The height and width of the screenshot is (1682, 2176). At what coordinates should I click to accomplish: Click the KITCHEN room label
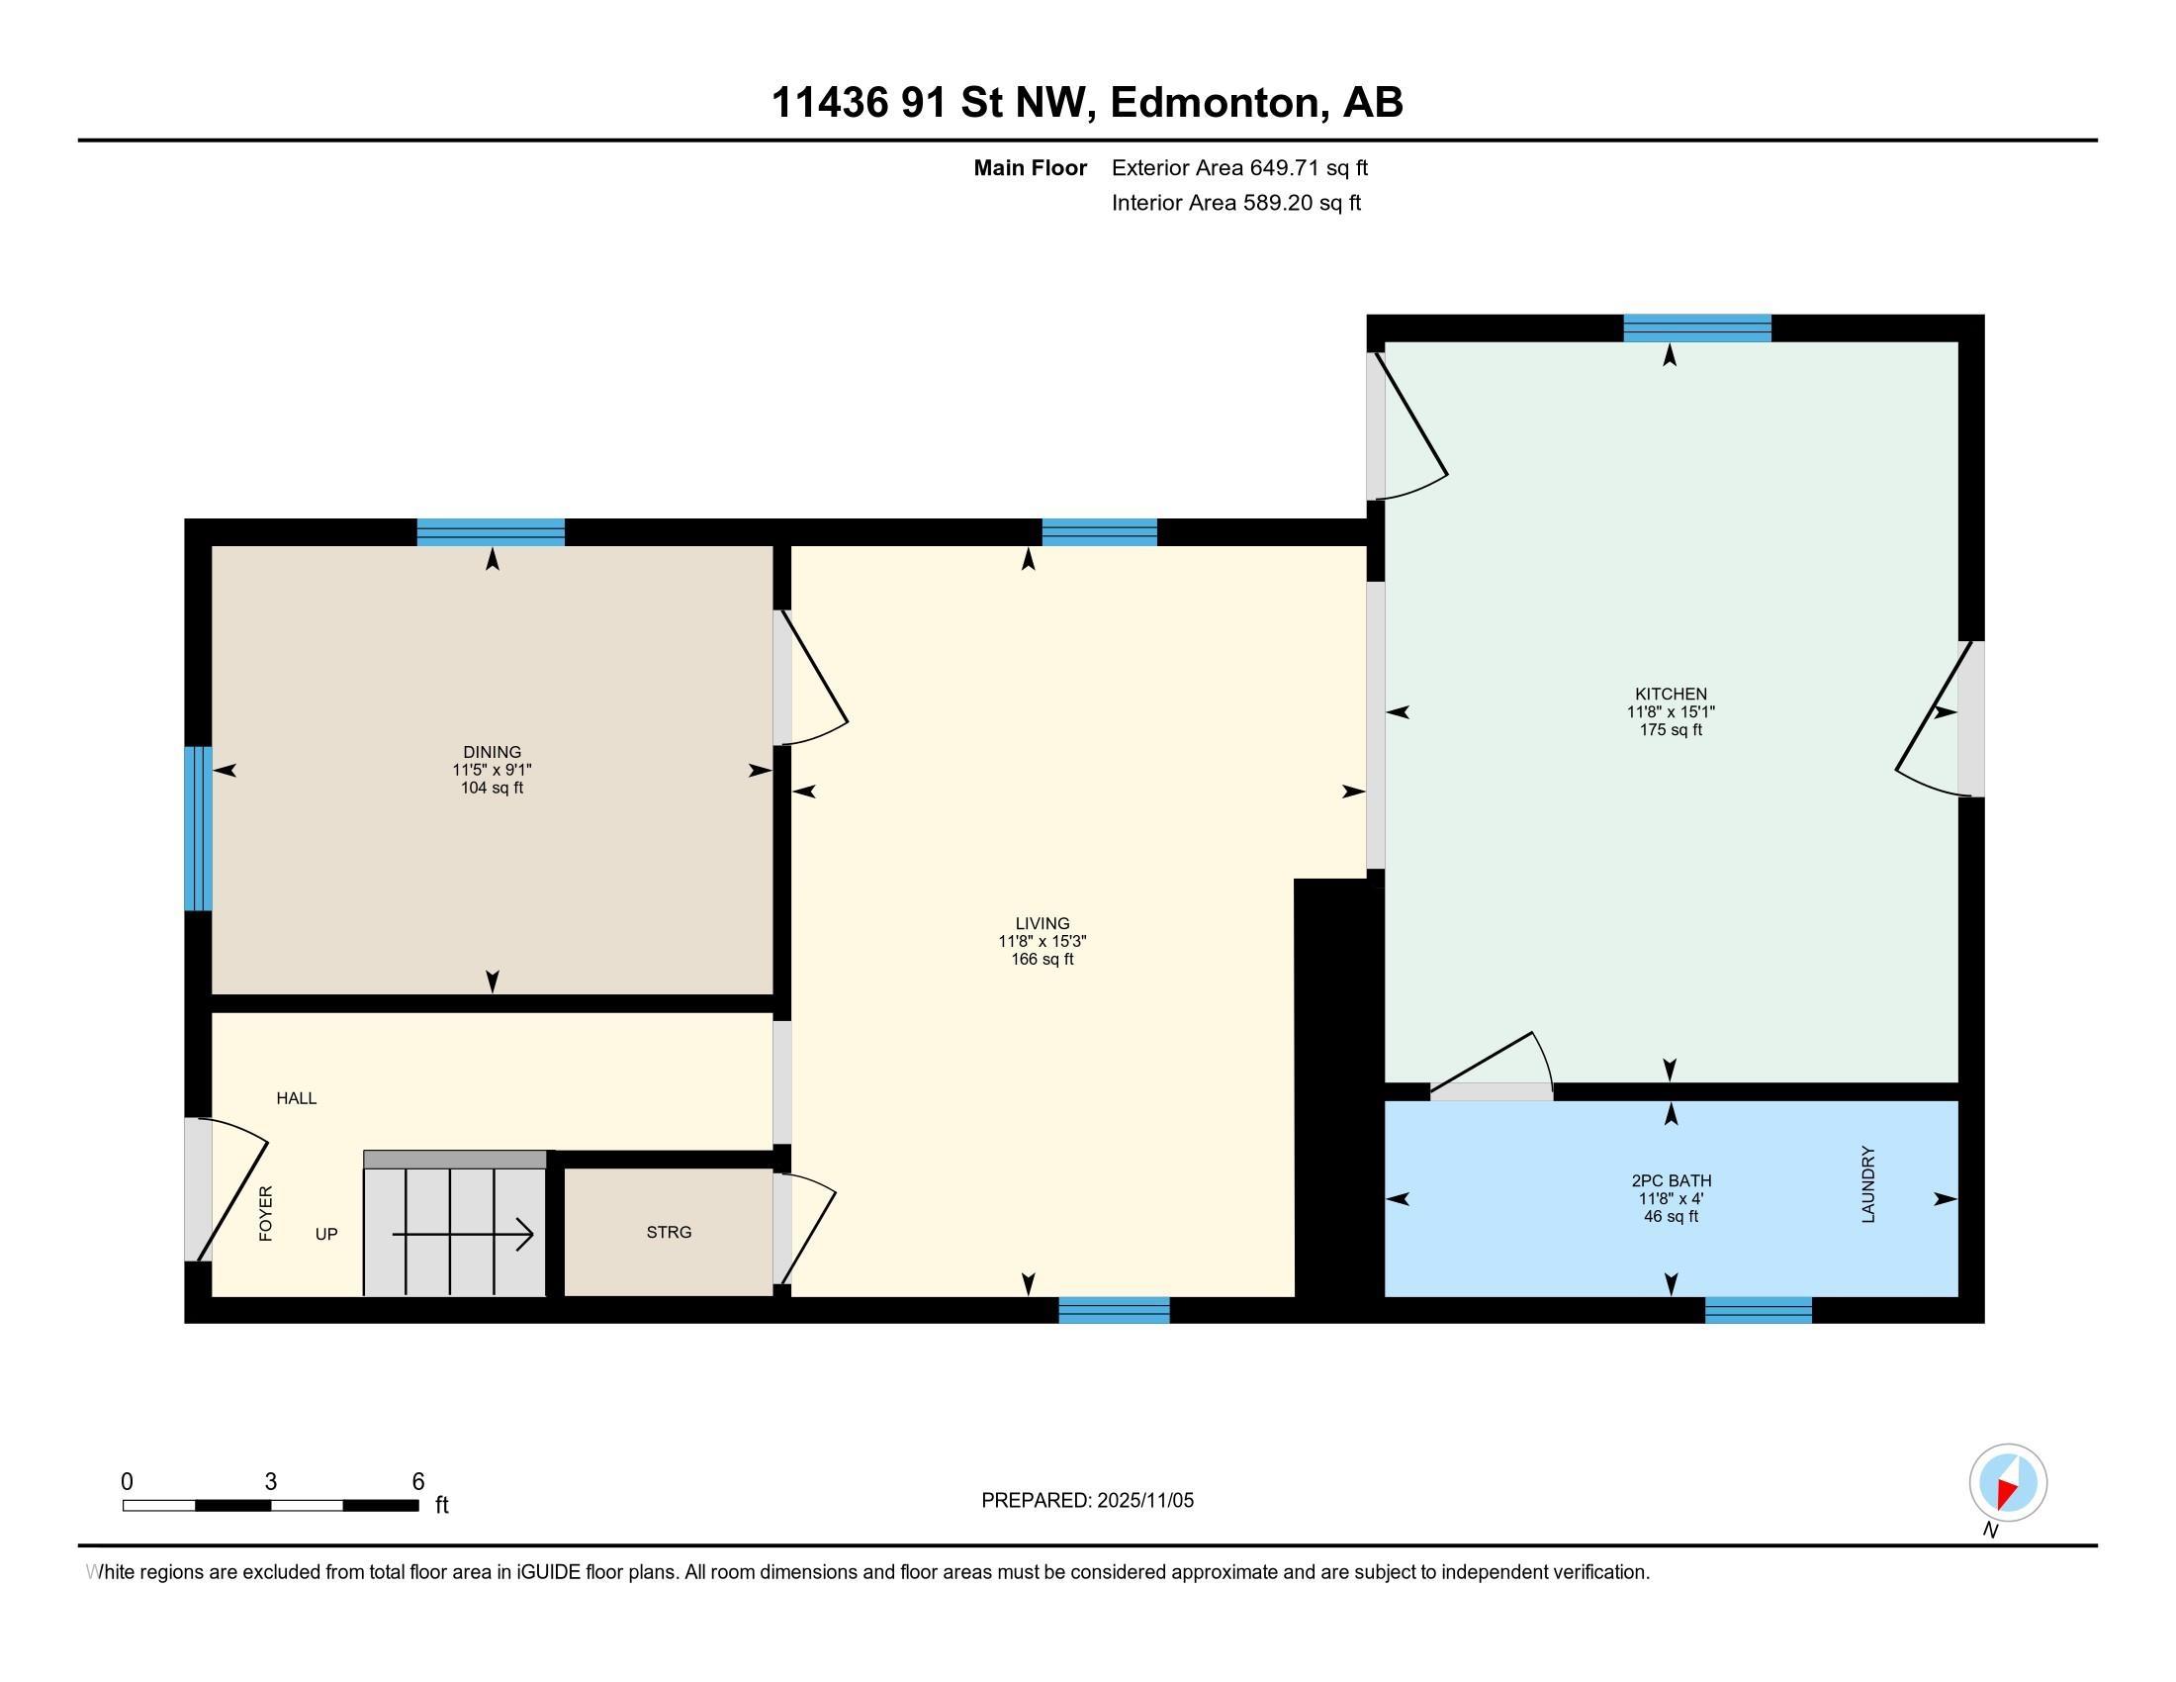1670,694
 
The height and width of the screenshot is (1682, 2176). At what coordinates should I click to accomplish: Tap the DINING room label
492,751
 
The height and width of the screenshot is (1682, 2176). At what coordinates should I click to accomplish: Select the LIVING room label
1043,924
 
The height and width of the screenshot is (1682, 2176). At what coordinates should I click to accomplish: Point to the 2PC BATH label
1671,1180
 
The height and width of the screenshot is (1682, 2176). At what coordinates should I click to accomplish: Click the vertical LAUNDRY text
1868,1184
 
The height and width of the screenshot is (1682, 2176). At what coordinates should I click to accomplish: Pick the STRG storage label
669,1233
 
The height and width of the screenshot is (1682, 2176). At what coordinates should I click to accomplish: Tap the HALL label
296,1098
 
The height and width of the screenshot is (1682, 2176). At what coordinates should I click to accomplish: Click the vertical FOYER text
266,1214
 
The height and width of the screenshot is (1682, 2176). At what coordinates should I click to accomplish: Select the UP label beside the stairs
326,1235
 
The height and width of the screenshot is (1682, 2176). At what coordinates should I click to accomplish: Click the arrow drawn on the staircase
463,1236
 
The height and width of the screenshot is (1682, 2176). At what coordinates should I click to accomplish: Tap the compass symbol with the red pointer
2008,1483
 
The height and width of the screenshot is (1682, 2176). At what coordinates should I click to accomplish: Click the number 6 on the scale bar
418,1482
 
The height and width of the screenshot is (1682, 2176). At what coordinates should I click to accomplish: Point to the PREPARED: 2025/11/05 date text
1087,1501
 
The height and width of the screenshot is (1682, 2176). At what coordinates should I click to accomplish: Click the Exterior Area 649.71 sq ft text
1239,167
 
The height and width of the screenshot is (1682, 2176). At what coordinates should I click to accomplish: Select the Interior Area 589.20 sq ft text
1235,203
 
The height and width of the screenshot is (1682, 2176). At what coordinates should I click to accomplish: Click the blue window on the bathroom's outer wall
1758,1310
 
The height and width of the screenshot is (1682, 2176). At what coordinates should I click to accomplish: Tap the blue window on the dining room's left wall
198,828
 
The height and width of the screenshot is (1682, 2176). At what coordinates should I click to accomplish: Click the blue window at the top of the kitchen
1696,327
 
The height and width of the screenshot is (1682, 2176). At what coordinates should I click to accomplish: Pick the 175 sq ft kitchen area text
1670,730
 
